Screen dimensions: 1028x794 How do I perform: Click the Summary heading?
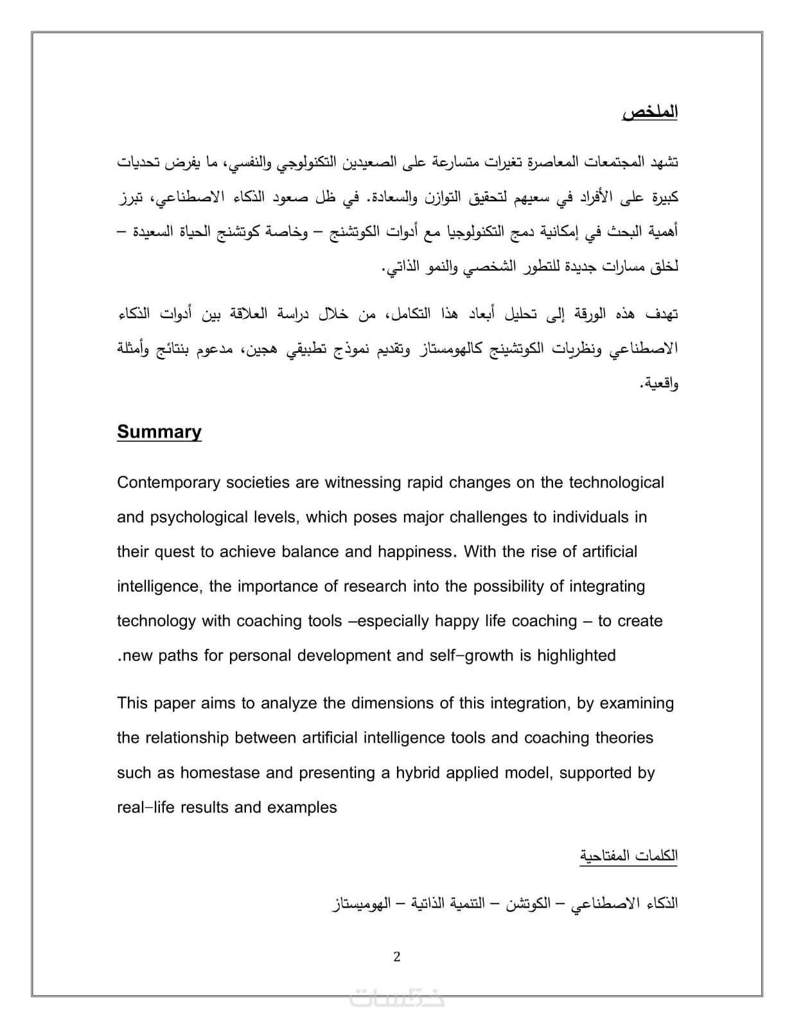click(159, 432)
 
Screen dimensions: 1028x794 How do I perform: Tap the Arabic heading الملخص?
click(650, 112)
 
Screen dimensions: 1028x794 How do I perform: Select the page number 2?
click(396, 957)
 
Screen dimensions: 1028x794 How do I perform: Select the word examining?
click(637, 704)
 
